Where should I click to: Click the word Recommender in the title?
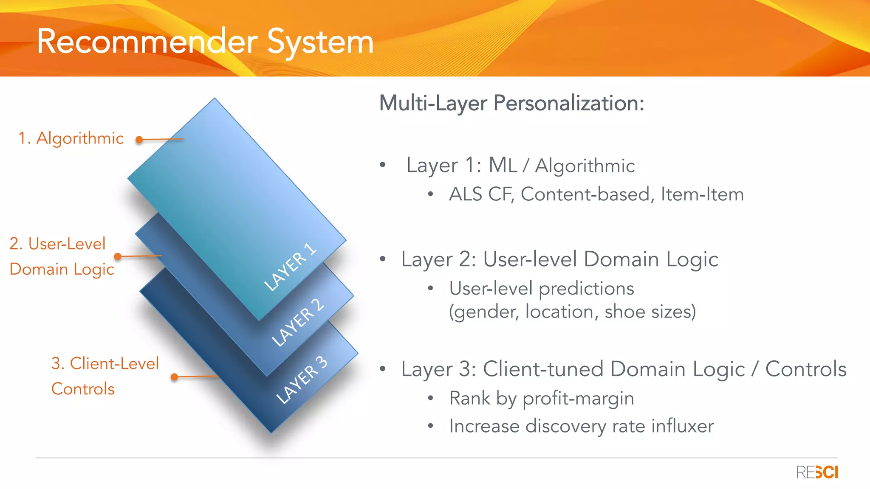(147, 42)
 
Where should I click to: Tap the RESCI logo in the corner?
(817, 472)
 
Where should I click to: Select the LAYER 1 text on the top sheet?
(290, 267)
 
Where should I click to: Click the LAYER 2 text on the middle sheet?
(298, 322)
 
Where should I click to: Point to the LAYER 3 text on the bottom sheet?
(302, 379)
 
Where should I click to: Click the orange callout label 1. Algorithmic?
(71, 138)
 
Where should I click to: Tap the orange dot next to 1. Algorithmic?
(139, 140)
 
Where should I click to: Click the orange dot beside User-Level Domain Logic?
(118, 256)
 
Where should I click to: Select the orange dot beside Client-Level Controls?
(174, 377)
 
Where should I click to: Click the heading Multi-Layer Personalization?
(511, 103)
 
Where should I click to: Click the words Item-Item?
(702, 194)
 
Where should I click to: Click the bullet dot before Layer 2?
(383, 259)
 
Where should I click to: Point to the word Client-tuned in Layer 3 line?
(543, 369)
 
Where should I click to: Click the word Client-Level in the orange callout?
(114, 364)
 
